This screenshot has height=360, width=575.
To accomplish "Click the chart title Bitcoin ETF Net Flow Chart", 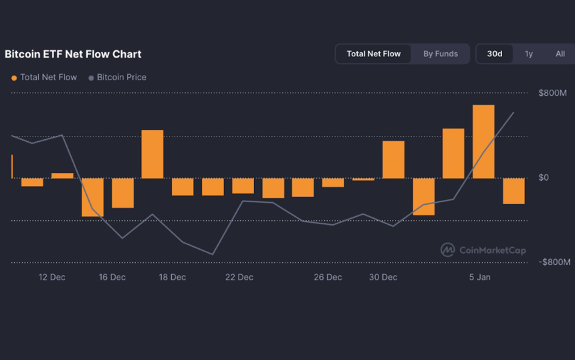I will [73, 54].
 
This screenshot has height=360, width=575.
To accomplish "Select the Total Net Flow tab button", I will [373, 54].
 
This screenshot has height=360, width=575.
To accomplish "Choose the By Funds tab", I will [440, 54].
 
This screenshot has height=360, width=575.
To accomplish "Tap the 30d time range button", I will [494, 54].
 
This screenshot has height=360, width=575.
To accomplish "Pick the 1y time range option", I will [529, 54].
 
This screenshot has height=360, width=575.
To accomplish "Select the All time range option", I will [560, 54].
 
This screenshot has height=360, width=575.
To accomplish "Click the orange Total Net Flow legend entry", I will [44, 78].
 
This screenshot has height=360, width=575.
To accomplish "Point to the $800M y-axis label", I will [552, 93].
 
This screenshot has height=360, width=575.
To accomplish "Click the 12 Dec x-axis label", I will [52, 278].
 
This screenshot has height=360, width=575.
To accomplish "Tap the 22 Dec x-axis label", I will [239, 278].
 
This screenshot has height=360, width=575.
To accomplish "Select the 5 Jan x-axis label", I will [479, 278].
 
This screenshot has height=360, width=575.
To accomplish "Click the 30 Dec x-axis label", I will [384, 278].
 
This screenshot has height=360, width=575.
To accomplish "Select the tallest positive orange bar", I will [483, 141].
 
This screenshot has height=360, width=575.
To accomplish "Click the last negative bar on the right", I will [513, 191].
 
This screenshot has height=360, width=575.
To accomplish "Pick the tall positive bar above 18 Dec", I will [152, 154].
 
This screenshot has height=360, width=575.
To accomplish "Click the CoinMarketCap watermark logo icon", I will [447, 250].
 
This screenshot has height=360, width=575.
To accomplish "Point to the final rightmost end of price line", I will [513, 112].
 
